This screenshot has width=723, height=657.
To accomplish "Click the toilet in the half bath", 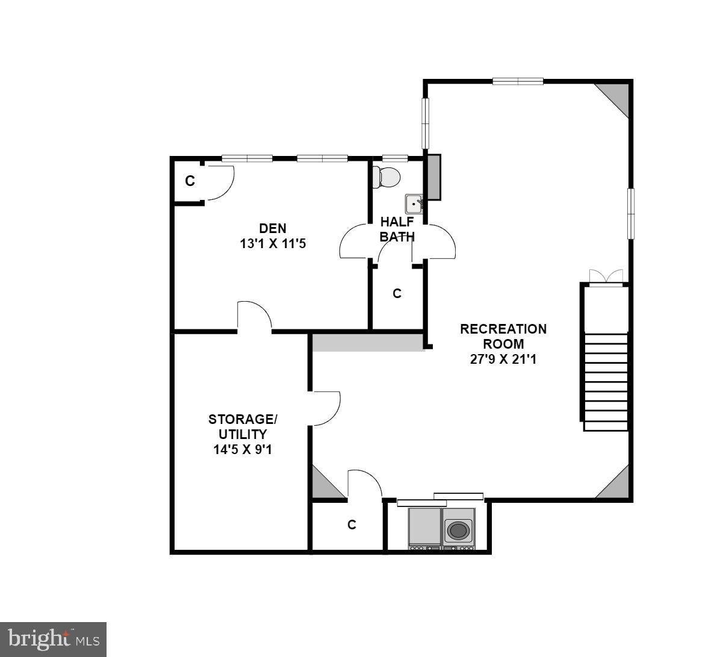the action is [386, 176].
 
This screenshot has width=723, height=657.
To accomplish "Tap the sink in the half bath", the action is [414, 204].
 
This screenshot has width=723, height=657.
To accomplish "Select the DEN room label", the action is [273, 228].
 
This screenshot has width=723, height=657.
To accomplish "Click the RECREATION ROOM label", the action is [503, 336].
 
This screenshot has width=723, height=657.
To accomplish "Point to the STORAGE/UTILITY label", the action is [243, 426].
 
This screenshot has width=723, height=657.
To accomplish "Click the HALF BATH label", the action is [397, 229].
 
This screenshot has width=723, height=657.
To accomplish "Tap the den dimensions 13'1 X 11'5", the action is [273, 244].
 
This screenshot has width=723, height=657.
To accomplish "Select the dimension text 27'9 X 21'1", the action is [503, 360].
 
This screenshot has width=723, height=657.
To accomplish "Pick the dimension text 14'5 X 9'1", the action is [243, 450].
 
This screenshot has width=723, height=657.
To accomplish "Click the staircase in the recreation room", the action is [605, 382].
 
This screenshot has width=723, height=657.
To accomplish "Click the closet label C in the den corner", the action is [190, 181].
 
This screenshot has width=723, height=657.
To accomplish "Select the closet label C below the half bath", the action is [397, 293].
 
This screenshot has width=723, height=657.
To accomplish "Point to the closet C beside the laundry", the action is [352, 525].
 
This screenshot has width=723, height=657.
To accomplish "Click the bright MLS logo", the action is [54, 640].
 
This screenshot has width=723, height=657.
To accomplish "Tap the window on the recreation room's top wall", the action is [518, 81].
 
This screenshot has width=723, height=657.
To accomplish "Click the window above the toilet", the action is [395, 158].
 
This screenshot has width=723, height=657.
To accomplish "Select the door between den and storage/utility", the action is [254, 316].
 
